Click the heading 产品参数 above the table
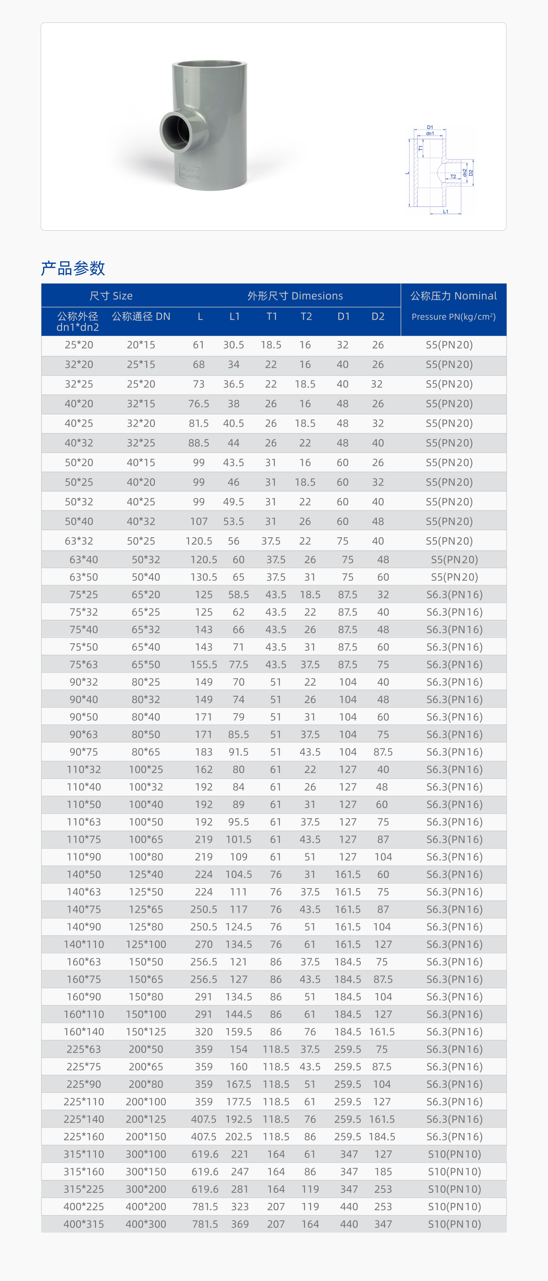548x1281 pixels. [73, 268]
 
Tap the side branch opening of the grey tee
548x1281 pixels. [176, 131]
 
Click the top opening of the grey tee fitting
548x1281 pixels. [209, 65]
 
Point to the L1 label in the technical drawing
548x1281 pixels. [446, 212]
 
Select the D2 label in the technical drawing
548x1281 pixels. [471, 173]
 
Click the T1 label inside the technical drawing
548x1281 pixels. [421, 148]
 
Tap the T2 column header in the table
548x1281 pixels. [306, 317]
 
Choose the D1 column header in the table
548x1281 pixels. [343, 317]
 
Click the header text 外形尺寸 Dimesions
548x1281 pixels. [295, 296]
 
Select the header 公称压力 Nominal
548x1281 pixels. [453, 296]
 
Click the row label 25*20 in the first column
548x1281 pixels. [79, 344]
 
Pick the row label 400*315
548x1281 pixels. [84, 1224]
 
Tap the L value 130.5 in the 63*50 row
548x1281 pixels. [203, 577]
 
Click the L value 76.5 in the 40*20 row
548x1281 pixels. [198, 404]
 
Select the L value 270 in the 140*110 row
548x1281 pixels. [203, 944]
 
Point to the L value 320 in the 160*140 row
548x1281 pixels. [203, 1032]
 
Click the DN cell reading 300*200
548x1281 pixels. [146, 1189]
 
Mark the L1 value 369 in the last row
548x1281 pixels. [239, 1224]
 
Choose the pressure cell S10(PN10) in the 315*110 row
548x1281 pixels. [454, 1154]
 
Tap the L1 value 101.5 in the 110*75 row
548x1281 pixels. [239, 839]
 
